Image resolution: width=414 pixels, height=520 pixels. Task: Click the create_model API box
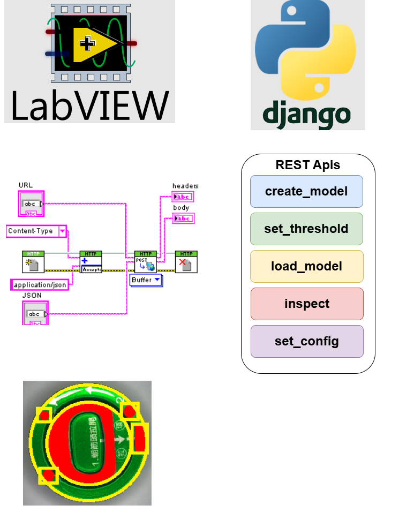[x=306, y=191]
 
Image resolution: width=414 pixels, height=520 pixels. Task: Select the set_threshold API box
[x=306, y=229]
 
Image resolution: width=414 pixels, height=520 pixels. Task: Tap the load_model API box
[x=306, y=266]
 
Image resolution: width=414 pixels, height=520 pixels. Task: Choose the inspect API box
[x=306, y=304]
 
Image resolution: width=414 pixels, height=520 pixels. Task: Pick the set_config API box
[x=306, y=341]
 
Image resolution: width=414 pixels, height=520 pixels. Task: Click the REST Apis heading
[x=307, y=165]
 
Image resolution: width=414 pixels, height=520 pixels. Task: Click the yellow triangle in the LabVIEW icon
[x=91, y=43]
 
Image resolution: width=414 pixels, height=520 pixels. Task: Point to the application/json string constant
[x=40, y=285]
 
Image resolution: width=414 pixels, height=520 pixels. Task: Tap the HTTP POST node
[x=145, y=262]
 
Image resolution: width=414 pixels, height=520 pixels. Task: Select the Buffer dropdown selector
[x=146, y=280]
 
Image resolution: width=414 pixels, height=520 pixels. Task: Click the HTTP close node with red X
[x=186, y=262]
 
